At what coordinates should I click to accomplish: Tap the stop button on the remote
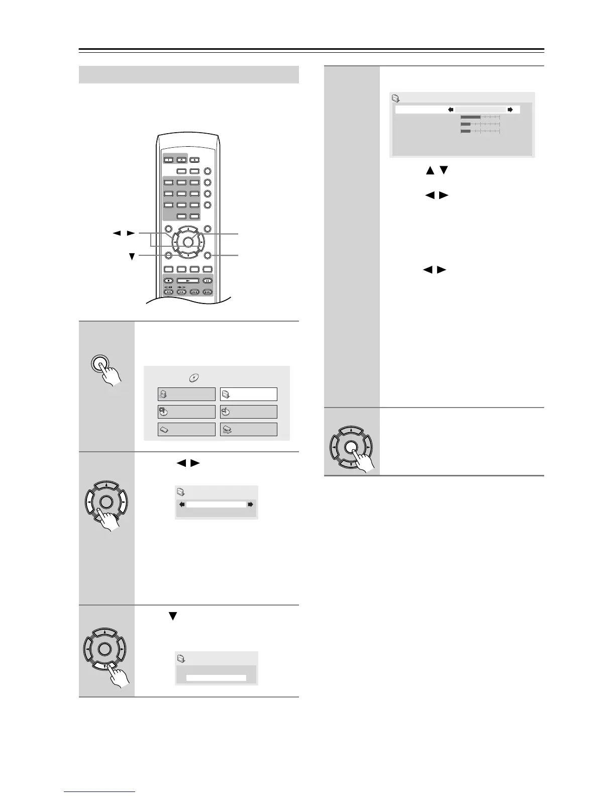pos(169,281)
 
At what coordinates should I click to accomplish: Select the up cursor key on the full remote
pos(187,230)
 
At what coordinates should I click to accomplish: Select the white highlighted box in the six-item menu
pos(248,394)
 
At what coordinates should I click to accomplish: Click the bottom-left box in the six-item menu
pos(186,429)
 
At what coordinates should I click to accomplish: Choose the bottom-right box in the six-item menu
pos(248,429)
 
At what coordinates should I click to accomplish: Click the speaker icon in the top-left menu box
pos(163,394)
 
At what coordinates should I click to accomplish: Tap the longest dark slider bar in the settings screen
pos(470,117)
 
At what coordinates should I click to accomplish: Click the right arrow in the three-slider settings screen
pos(510,109)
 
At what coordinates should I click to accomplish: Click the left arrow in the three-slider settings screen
pos(451,109)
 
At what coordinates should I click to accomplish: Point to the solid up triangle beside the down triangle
pos(429,171)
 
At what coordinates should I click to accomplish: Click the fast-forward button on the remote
pos(181,291)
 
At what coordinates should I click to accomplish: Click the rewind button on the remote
pos(169,291)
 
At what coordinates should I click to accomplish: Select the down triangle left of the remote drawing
pos(132,256)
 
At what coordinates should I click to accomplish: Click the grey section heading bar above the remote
pos(189,74)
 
